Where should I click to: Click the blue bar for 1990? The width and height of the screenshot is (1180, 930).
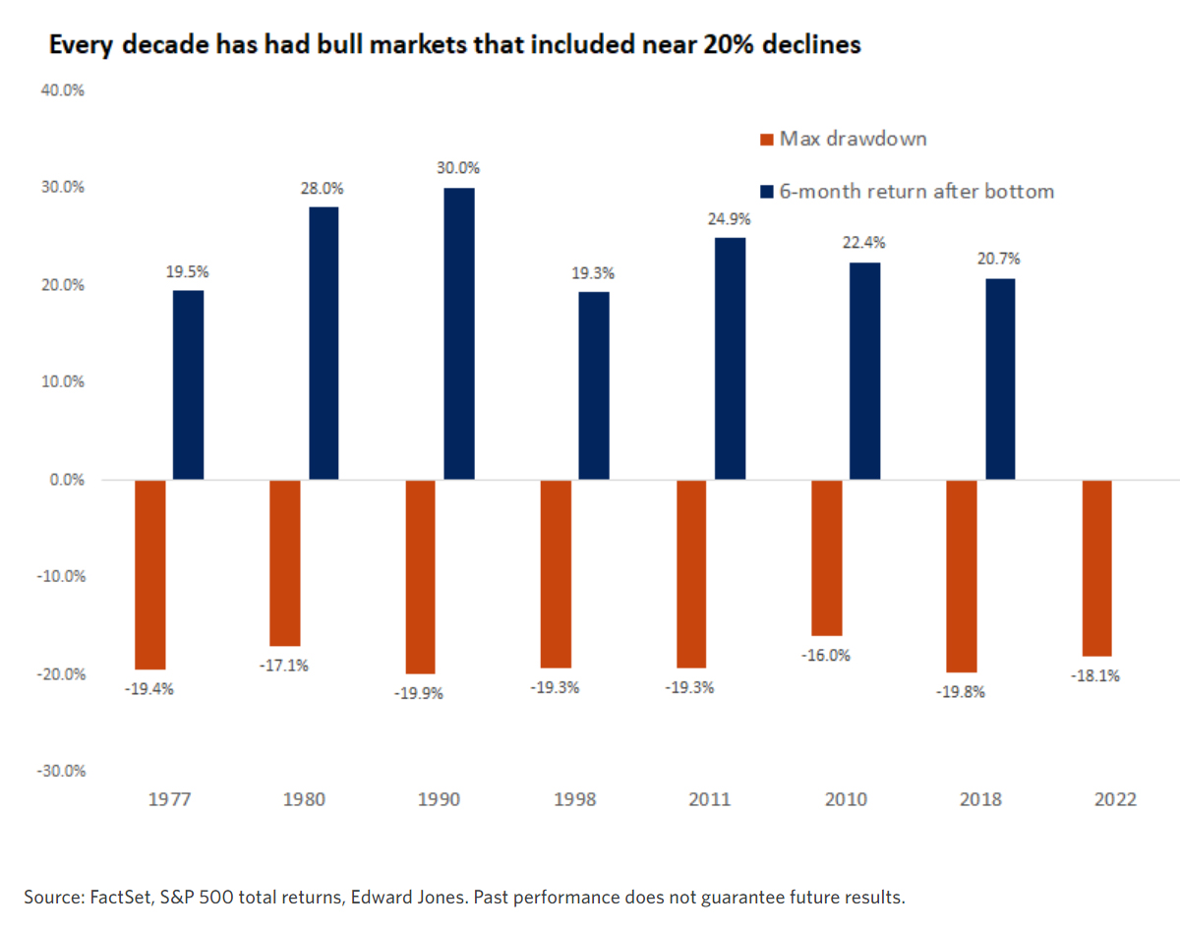coord(458,333)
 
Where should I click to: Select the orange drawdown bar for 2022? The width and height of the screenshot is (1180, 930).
coord(1096,567)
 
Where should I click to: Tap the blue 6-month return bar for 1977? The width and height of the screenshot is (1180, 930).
coord(188,384)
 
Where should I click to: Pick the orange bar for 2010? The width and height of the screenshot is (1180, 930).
coord(826,557)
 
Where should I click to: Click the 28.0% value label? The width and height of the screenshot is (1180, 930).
coord(323,187)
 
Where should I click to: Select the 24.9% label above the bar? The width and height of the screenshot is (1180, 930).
coord(729,217)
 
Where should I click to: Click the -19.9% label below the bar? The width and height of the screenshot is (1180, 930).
coord(421,693)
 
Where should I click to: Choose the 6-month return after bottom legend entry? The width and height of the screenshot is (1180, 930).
coord(915,192)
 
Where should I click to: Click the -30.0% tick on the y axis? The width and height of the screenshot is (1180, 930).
coord(62,771)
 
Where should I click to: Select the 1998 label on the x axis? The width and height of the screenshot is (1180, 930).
coord(574,799)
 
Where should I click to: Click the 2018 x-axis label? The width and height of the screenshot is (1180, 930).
coord(980,799)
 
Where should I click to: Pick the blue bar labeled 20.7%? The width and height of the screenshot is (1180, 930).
coord(999,378)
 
